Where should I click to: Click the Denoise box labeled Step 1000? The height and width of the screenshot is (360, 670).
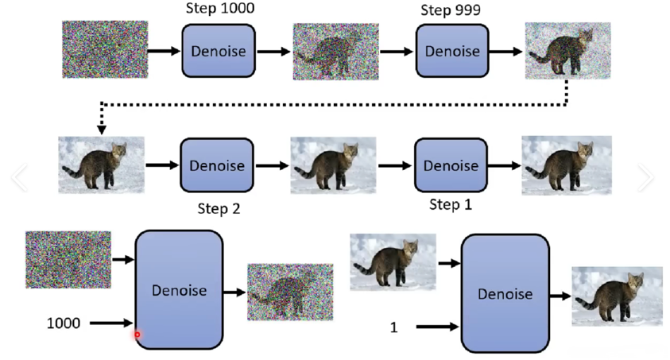click(219, 51)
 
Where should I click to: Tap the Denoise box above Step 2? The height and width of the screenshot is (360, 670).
click(216, 165)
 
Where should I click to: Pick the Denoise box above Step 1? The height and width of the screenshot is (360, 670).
click(451, 165)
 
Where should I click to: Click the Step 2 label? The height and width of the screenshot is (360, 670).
click(219, 209)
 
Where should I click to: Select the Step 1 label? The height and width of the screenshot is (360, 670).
click(451, 205)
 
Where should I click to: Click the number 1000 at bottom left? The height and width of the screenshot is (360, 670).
click(63, 323)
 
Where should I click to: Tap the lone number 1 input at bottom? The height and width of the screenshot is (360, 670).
click(393, 327)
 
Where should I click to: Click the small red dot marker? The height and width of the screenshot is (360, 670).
click(137, 335)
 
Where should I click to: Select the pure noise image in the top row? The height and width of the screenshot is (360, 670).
click(106, 49)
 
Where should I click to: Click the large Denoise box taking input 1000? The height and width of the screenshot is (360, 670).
click(179, 290)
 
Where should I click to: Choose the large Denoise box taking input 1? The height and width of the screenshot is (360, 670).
click(505, 293)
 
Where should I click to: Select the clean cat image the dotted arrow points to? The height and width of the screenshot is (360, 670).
click(102, 165)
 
